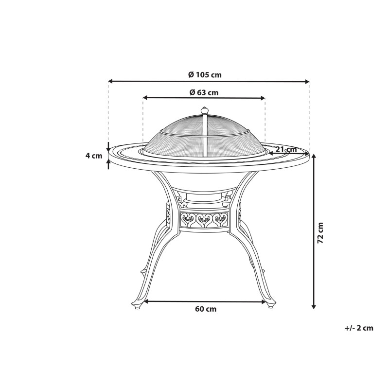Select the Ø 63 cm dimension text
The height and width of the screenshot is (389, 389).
click(204, 92)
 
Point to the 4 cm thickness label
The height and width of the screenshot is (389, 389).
click(93, 156)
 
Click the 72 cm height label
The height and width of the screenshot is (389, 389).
click(320, 232)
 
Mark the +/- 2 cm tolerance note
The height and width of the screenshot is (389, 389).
click(359, 328)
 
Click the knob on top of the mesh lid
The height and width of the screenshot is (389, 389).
click(205, 110)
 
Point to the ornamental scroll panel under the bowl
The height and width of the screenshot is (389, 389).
click(204, 220)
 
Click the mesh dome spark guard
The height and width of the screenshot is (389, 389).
click(204, 136)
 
